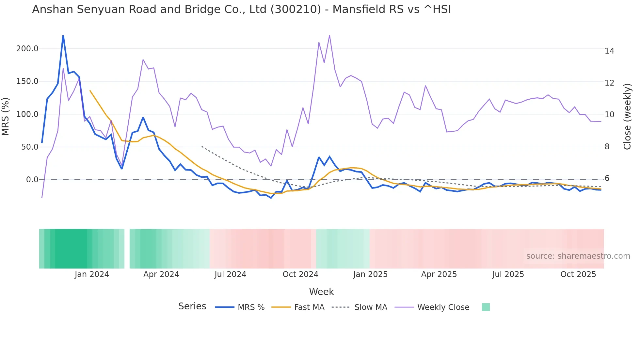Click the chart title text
[x=241, y=9]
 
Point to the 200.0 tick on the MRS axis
[x=27, y=49]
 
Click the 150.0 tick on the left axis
[x=27, y=81]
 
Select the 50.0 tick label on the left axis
[x=30, y=147]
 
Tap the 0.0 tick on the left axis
[x=32, y=180]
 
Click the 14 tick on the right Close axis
[x=609, y=51]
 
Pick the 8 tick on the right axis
[x=607, y=147]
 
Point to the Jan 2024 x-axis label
[x=92, y=274]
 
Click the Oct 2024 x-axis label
[x=300, y=274]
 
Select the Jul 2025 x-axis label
[x=508, y=274]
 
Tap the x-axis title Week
[x=321, y=292]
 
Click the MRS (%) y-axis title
[x=6, y=116]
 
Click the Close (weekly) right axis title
[x=627, y=116]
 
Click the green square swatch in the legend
[x=486, y=307]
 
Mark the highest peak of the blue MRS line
[x=63, y=36]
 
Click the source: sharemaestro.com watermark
[x=578, y=256]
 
